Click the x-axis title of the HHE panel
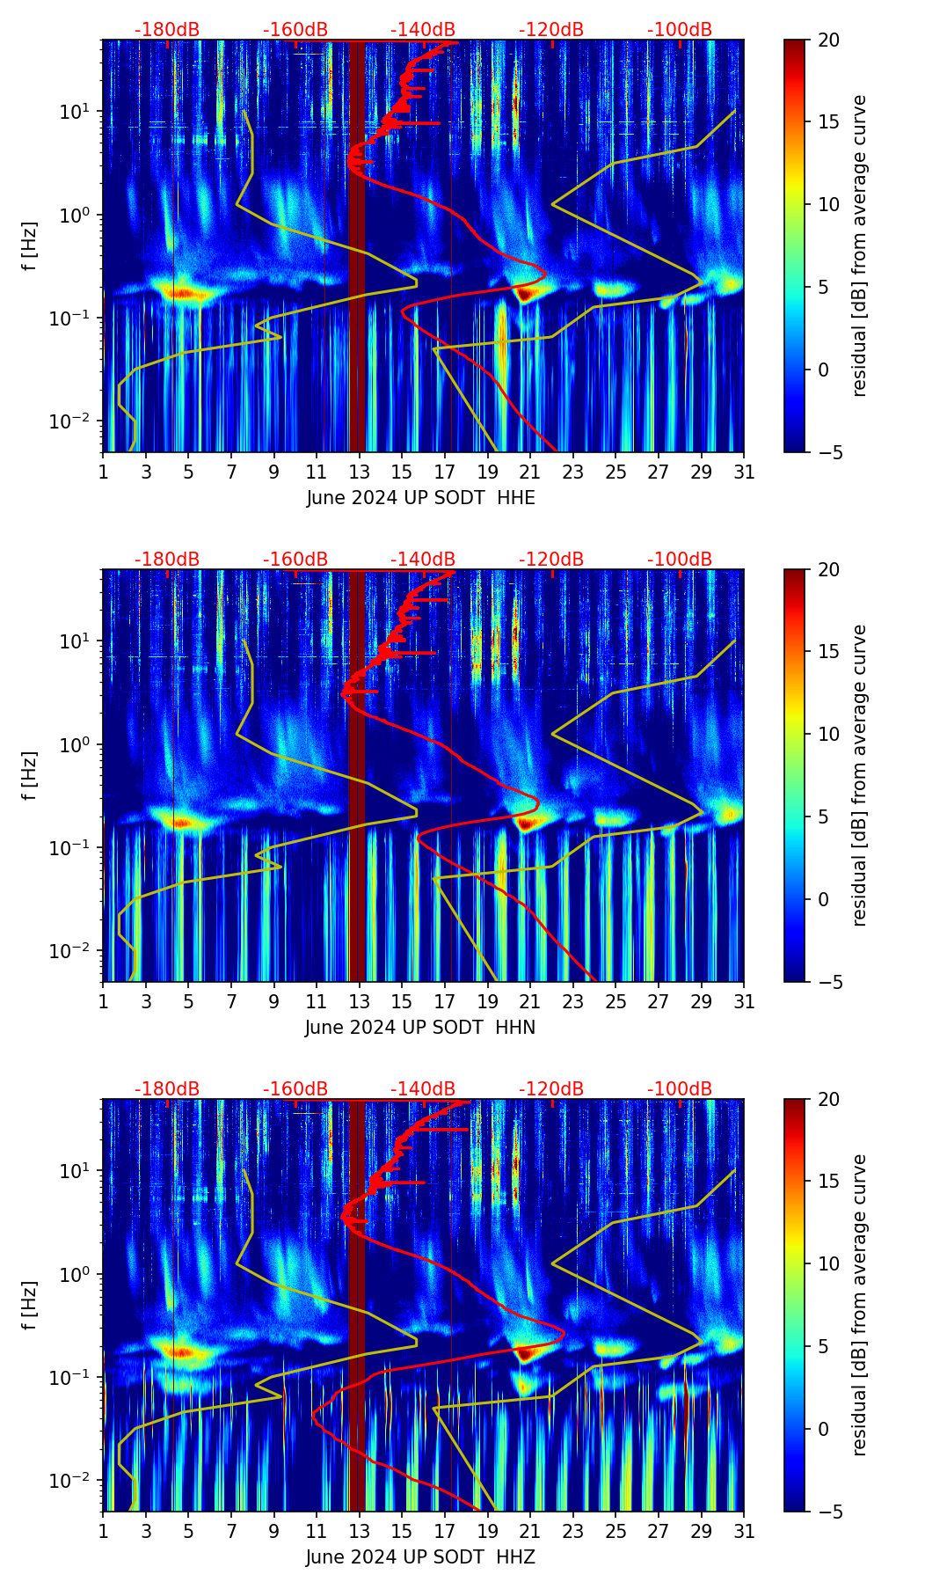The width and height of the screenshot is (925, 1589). pyautogui.click(x=420, y=498)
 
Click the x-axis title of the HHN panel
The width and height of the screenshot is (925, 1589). pyautogui.click(x=420, y=1028)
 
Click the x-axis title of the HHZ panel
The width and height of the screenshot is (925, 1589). pyautogui.click(x=420, y=1557)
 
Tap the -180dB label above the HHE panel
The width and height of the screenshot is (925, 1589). pyautogui.click(x=167, y=30)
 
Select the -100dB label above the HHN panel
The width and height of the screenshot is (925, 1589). pyautogui.click(x=680, y=560)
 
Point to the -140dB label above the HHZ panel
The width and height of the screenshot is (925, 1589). pyautogui.click(x=423, y=1089)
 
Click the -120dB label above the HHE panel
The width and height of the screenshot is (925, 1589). pyautogui.click(x=551, y=30)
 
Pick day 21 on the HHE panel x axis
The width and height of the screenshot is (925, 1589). pyautogui.click(x=530, y=472)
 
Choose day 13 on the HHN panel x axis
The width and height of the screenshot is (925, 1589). pyautogui.click(x=359, y=1001)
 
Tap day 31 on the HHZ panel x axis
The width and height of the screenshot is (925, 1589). pyautogui.click(x=744, y=1531)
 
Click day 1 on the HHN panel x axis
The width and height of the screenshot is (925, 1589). pyautogui.click(x=104, y=1001)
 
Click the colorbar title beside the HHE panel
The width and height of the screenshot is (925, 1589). pyautogui.click(x=860, y=245)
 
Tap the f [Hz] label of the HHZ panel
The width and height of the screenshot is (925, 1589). pyautogui.click(x=30, y=1305)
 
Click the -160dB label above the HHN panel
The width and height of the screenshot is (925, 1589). pyautogui.click(x=295, y=560)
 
